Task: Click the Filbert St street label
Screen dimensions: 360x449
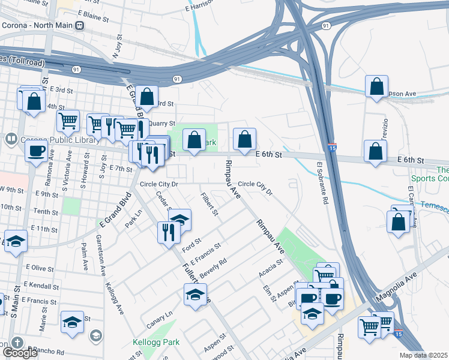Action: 209,205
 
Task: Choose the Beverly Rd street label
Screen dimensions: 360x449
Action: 213,267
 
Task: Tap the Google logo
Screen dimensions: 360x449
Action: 20,353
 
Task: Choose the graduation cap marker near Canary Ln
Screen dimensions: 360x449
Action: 194,295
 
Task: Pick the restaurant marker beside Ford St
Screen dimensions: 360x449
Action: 169,230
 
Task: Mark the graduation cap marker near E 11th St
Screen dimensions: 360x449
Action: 16,241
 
